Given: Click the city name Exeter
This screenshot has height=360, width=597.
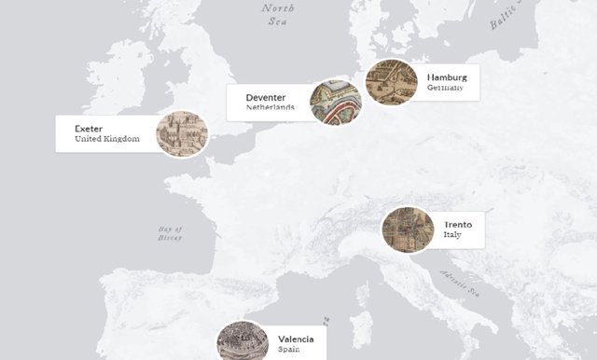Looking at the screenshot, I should (x=90, y=129).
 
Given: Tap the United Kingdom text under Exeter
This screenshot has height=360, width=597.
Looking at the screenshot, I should (x=106, y=140).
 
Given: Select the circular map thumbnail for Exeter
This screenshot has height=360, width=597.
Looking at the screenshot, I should (x=181, y=134).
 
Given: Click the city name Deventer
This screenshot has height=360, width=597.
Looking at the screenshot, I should (x=266, y=97).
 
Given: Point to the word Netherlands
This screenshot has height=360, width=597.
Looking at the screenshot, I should (x=271, y=108).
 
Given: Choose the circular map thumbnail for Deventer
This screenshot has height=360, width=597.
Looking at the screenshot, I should (x=334, y=102).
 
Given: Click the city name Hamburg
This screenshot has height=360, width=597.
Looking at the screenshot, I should (x=447, y=76).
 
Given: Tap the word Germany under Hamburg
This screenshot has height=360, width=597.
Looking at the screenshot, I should (x=445, y=88).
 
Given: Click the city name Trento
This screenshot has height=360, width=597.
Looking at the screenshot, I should (x=458, y=225).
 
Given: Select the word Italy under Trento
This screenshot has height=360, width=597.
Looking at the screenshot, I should (x=452, y=236).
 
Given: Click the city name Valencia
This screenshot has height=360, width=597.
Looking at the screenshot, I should (x=302, y=339).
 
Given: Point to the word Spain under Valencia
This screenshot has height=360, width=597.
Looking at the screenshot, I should (x=289, y=351).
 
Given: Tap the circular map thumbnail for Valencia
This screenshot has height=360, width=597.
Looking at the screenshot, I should (x=242, y=343).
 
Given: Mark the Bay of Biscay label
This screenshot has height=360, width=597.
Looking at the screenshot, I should (x=170, y=233).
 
